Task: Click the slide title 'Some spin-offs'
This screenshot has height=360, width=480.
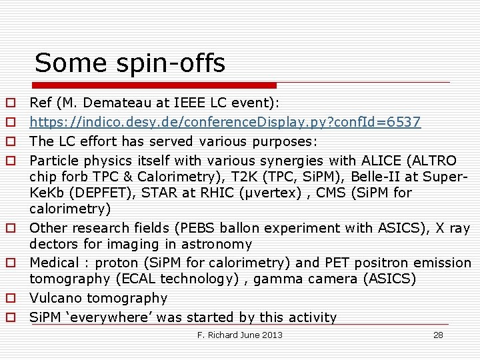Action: point(130,63)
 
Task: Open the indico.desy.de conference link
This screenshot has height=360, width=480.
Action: point(225,122)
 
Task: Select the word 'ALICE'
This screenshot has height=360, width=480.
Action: point(378,161)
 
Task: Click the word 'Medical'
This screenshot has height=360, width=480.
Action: point(55,263)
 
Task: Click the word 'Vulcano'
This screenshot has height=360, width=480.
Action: point(55,298)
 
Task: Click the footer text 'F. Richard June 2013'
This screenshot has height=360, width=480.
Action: point(240,335)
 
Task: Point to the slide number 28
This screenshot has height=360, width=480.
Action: point(438,335)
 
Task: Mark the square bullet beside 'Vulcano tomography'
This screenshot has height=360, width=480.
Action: point(11,299)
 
